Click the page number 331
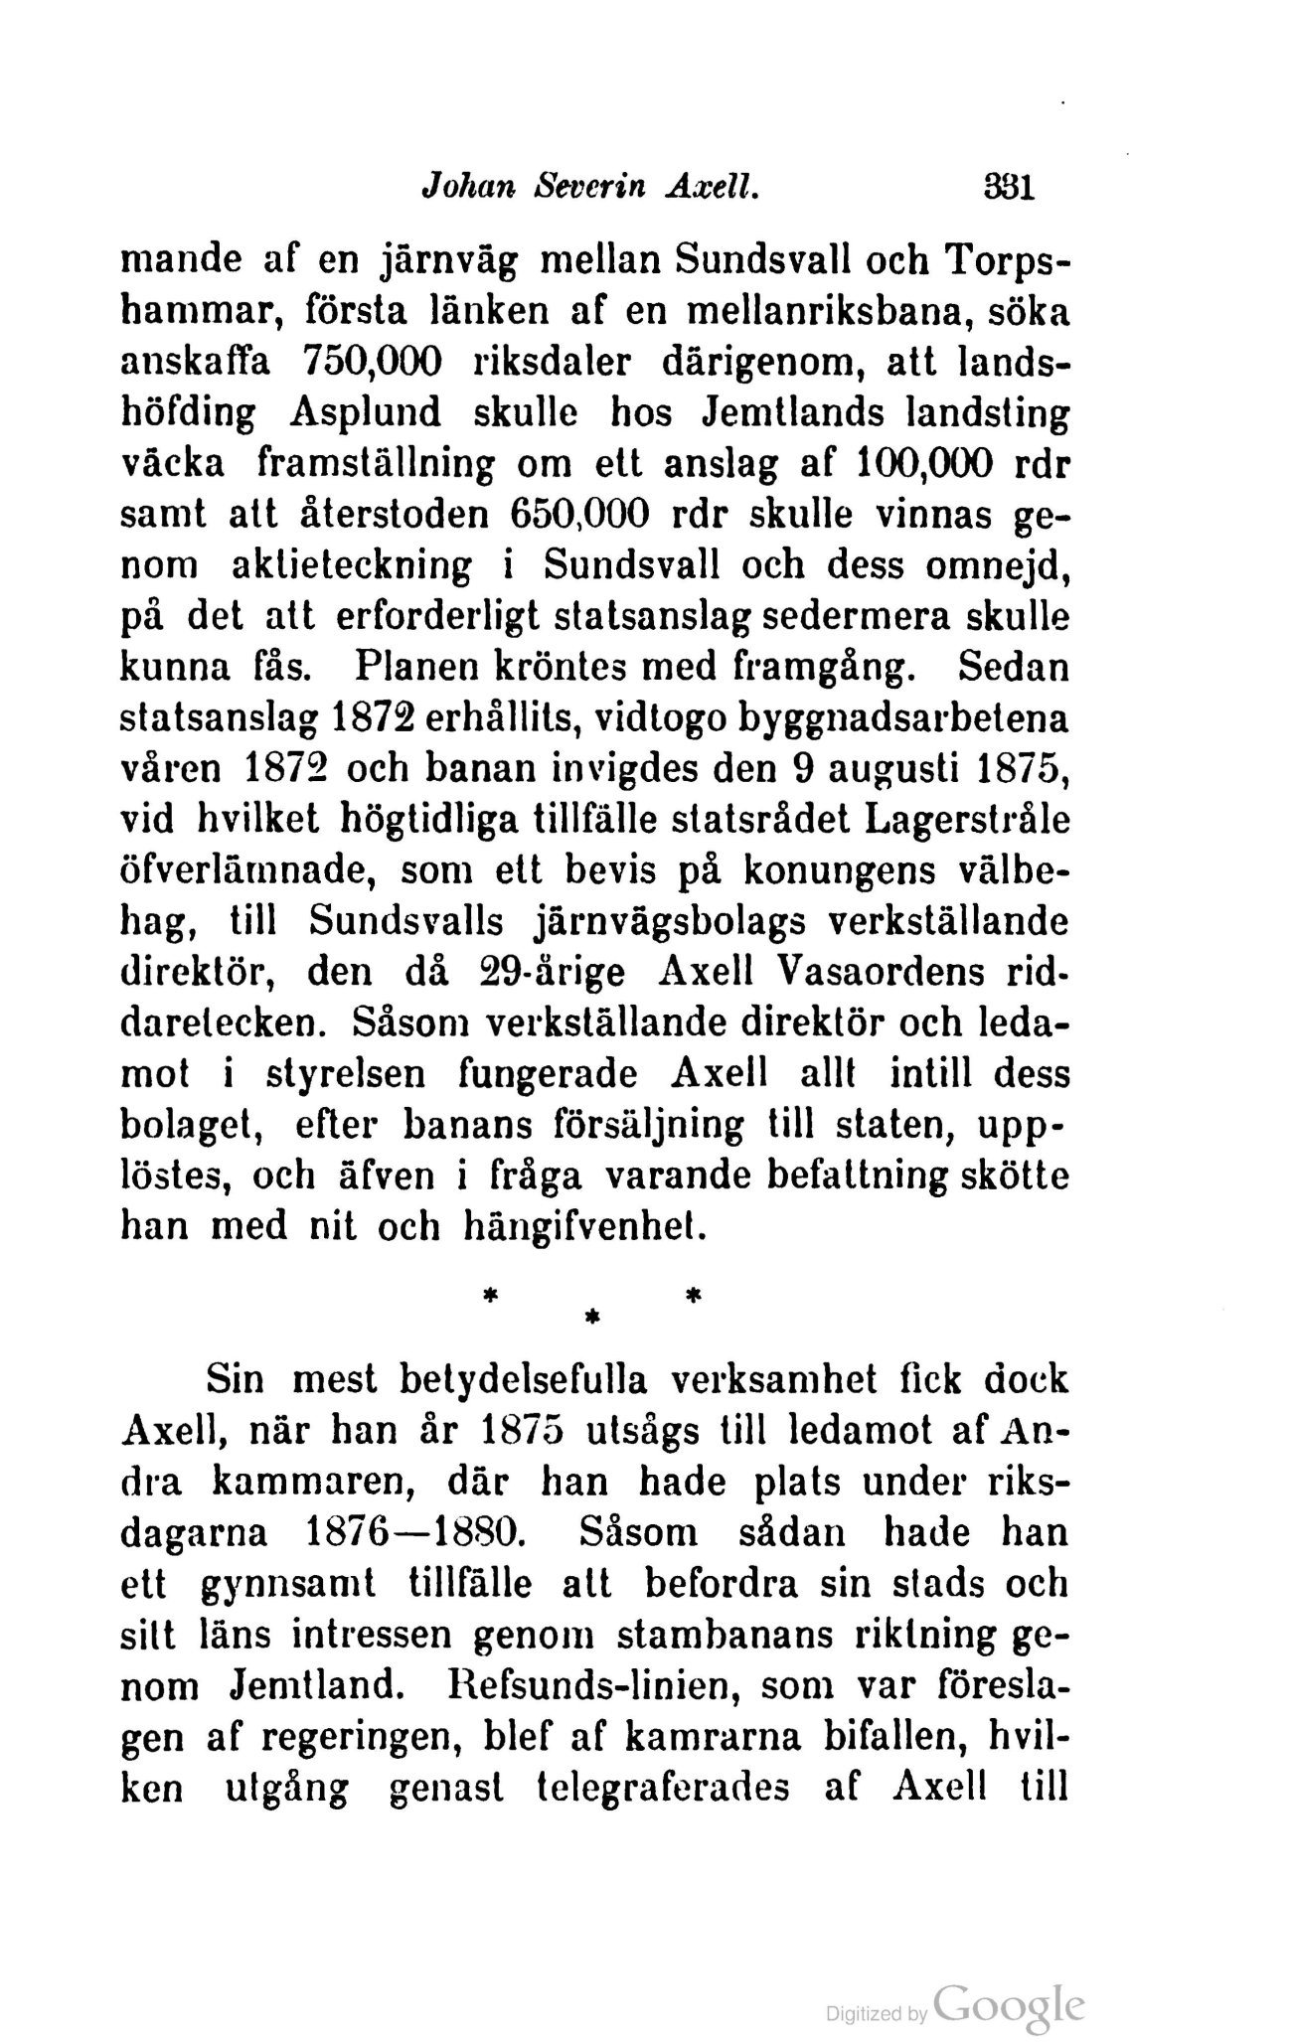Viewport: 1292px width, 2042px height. coord(1007,188)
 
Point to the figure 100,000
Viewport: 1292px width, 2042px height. coord(913,463)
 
